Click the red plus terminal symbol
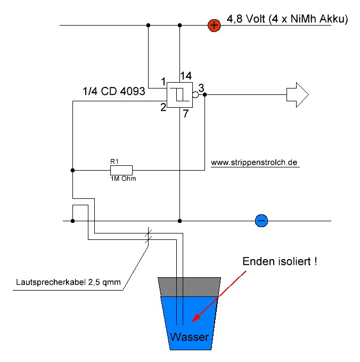point(214,26)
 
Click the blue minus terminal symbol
point(261,221)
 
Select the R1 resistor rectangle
point(121,171)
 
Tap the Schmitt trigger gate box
point(179,95)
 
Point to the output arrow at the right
point(298,95)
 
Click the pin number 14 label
point(186,76)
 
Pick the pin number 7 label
point(186,114)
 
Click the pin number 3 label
point(201,88)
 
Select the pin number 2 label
point(163,107)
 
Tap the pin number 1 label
point(163,82)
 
